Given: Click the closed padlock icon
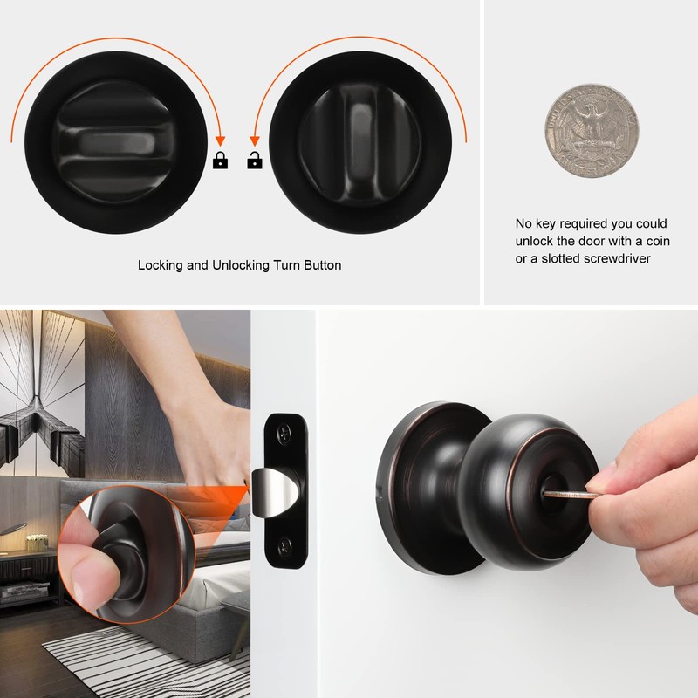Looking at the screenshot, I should pos(220,161).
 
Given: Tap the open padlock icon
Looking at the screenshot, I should pos(255,161).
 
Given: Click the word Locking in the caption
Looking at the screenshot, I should pos(160,265).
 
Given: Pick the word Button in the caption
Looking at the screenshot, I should pos(321,265).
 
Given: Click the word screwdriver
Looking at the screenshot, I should pos(615,258).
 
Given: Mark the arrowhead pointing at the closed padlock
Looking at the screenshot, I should pos(220,140).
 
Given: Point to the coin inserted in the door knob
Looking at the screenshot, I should pos(571,495).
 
